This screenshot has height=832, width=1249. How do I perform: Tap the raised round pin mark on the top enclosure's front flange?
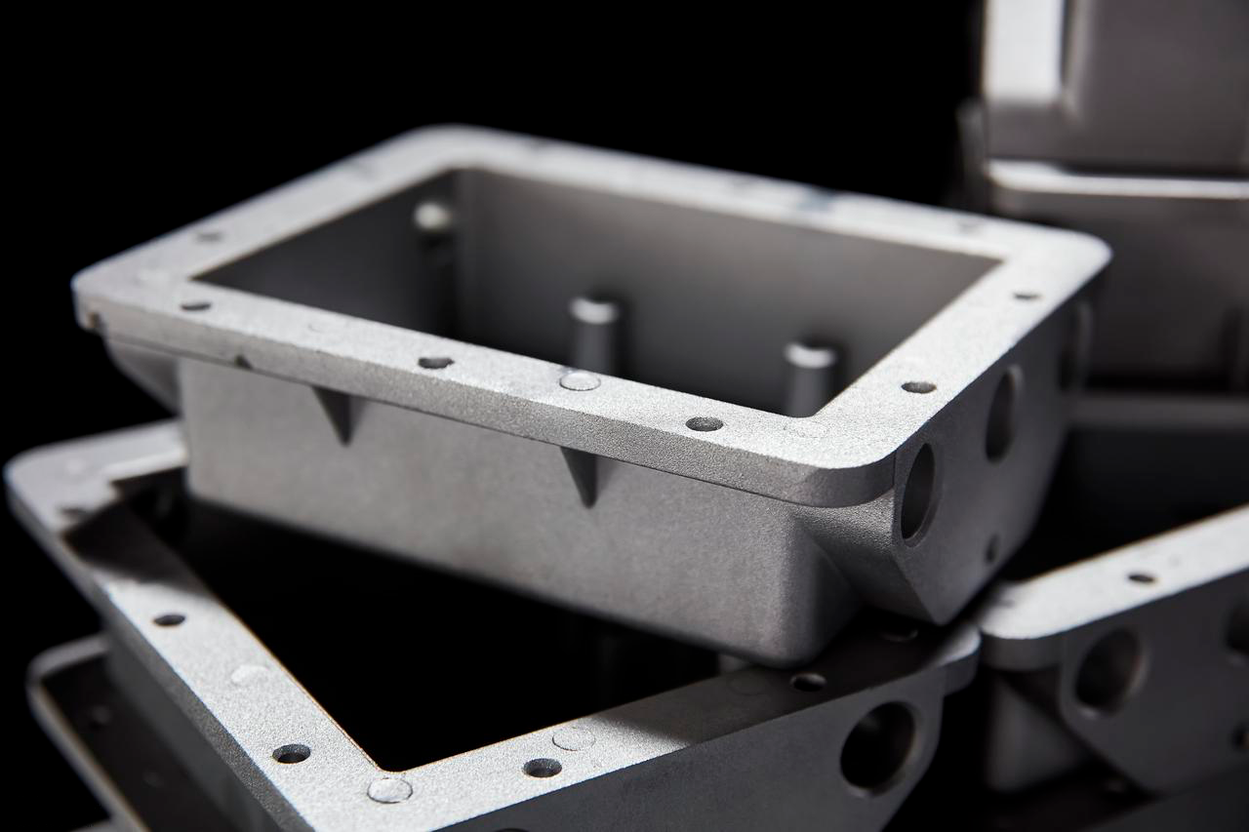[580, 380]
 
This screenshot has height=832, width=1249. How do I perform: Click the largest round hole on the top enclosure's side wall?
[917, 493]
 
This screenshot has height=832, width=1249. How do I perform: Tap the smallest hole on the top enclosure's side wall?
[992, 548]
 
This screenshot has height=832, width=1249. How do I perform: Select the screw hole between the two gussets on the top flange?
[435, 363]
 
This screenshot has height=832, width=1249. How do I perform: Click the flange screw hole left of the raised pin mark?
[435, 363]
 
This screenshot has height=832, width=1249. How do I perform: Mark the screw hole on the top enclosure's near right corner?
[917, 387]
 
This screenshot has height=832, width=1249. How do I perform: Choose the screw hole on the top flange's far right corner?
[1026, 295]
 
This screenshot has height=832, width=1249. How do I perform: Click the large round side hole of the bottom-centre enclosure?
[877, 746]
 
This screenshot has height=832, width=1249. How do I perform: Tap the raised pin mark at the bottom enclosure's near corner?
[388, 789]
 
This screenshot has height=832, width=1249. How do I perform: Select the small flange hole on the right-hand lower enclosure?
[1142, 577]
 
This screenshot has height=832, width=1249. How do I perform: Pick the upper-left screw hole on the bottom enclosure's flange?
[169, 619]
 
